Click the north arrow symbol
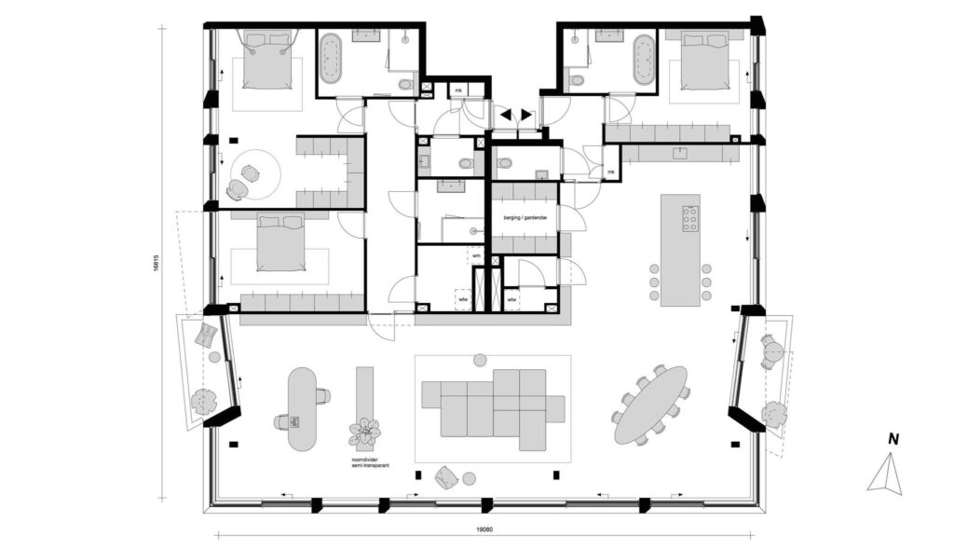[886, 473]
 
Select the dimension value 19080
[484, 529]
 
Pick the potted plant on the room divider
[364, 433]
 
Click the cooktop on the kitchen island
[691, 218]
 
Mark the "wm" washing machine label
[475, 255]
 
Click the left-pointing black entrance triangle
[507, 114]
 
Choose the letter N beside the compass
[893, 438]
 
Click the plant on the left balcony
[202, 403]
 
